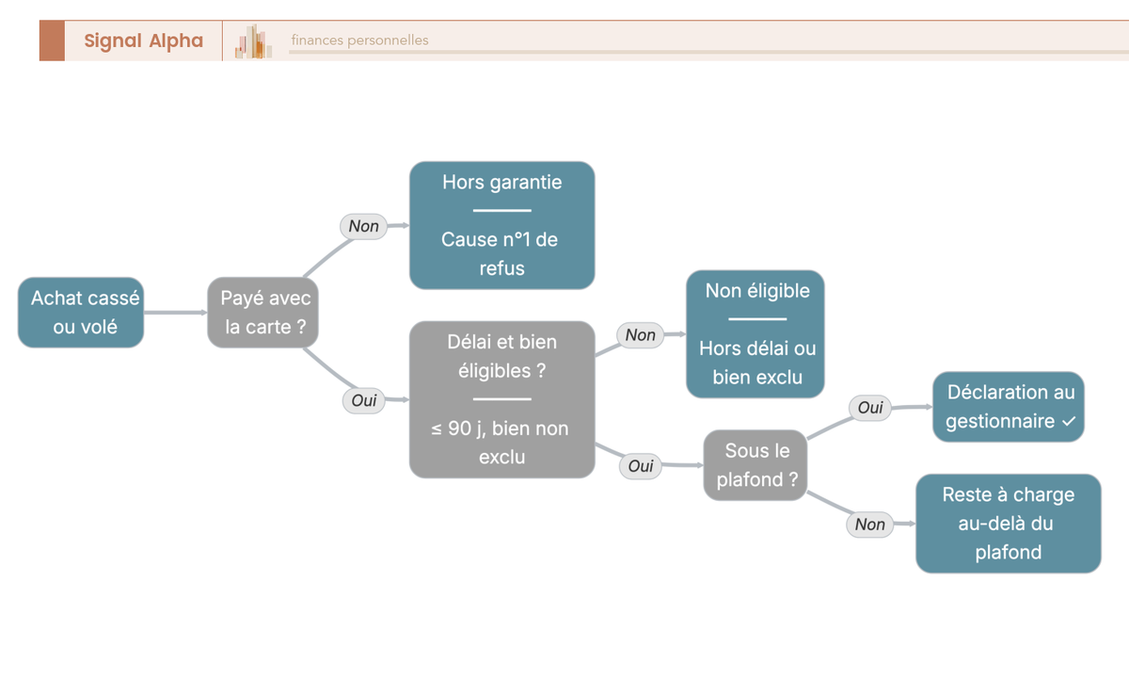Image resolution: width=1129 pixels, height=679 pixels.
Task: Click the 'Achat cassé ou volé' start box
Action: pyautogui.click(x=81, y=313)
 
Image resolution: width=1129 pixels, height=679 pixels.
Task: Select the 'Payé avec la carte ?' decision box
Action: pyautogui.click(x=262, y=313)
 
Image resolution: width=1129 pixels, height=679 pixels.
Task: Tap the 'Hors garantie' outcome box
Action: pyautogui.click(x=502, y=225)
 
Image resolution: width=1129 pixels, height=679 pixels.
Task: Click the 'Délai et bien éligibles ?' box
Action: pyautogui.click(x=502, y=399)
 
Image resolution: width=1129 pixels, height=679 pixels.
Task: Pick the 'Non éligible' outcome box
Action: pyautogui.click(x=755, y=334)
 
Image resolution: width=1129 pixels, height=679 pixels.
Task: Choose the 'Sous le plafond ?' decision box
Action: pyautogui.click(x=755, y=465)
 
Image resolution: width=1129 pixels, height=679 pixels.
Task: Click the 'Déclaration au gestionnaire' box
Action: pyautogui.click(x=1008, y=407)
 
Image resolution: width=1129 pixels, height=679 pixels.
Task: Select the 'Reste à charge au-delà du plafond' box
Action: pyautogui.click(x=1008, y=524)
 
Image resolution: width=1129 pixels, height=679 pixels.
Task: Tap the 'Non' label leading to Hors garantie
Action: pyautogui.click(x=363, y=226)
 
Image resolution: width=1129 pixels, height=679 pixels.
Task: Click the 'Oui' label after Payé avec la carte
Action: pyautogui.click(x=363, y=400)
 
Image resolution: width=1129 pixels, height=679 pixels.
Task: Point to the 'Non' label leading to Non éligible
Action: pyautogui.click(x=640, y=335)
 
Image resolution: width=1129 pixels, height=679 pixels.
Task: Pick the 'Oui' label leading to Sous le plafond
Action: pyautogui.click(x=640, y=465)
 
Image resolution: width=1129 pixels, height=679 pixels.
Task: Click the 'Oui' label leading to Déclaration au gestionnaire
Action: pyautogui.click(x=870, y=408)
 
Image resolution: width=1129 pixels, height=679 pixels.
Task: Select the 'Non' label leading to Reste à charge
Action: pyautogui.click(x=869, y=525)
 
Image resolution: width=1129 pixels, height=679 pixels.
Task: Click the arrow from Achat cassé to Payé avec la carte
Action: pyautogui.click(x=175, y=313)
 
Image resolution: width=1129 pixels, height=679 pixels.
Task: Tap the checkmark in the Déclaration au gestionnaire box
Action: pyautogui.click(x=1069, y=421)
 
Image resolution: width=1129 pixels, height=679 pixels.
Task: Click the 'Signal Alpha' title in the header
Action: pyautogui.click(x=144, y=40)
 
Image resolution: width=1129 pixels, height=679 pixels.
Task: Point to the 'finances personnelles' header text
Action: pyautogui.click(x=359, y=40)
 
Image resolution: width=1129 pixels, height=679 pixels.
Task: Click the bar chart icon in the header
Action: pyautogui.click(x=253, y=41)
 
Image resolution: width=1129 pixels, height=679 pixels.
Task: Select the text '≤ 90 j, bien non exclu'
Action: pyautogui.click(x=500, y=443)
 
